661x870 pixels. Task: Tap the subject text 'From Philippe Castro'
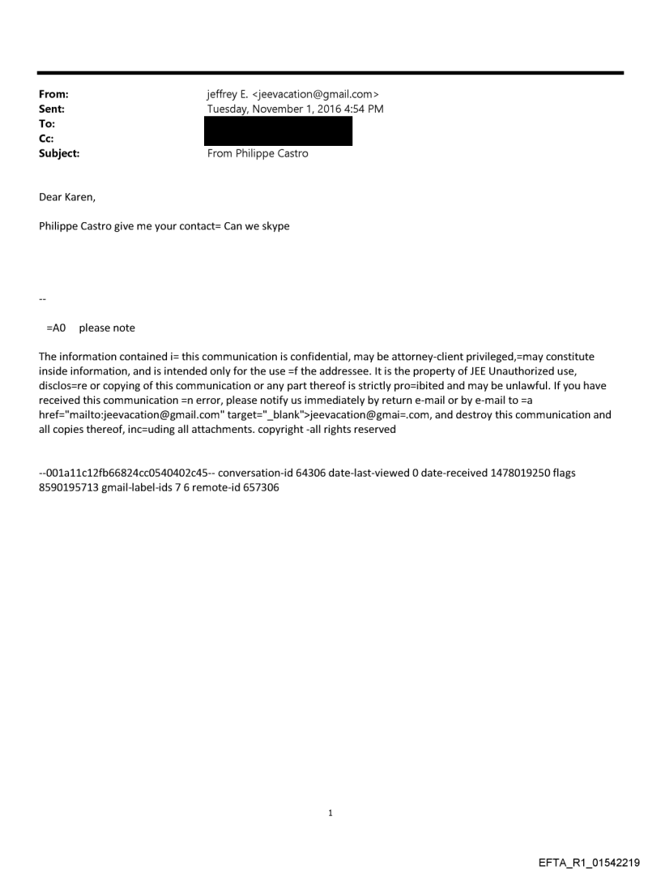[x=258, y=153]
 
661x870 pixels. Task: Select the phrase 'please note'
[x=107, y=328]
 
